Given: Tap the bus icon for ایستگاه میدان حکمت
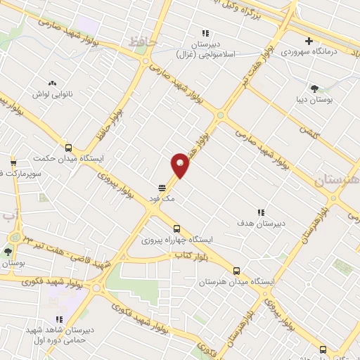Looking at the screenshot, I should (x=68, y=148).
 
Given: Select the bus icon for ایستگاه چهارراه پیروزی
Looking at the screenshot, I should (x=176, y=229).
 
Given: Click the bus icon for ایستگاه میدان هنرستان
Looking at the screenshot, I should (x=236, y=271).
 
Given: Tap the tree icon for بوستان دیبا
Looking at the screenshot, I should (x=314, y=89).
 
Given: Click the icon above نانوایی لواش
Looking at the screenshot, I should (x=53, y=84).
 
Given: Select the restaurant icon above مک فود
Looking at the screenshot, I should (x=162, y=188).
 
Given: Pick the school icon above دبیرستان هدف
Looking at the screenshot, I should (x=260, y=212).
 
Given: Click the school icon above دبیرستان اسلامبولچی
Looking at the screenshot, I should (x=205, y=32).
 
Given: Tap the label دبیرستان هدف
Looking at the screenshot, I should (x=261, y=223).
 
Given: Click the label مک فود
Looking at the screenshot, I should (x=161, y=200).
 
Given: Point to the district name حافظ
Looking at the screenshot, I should (x=141, y=42).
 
